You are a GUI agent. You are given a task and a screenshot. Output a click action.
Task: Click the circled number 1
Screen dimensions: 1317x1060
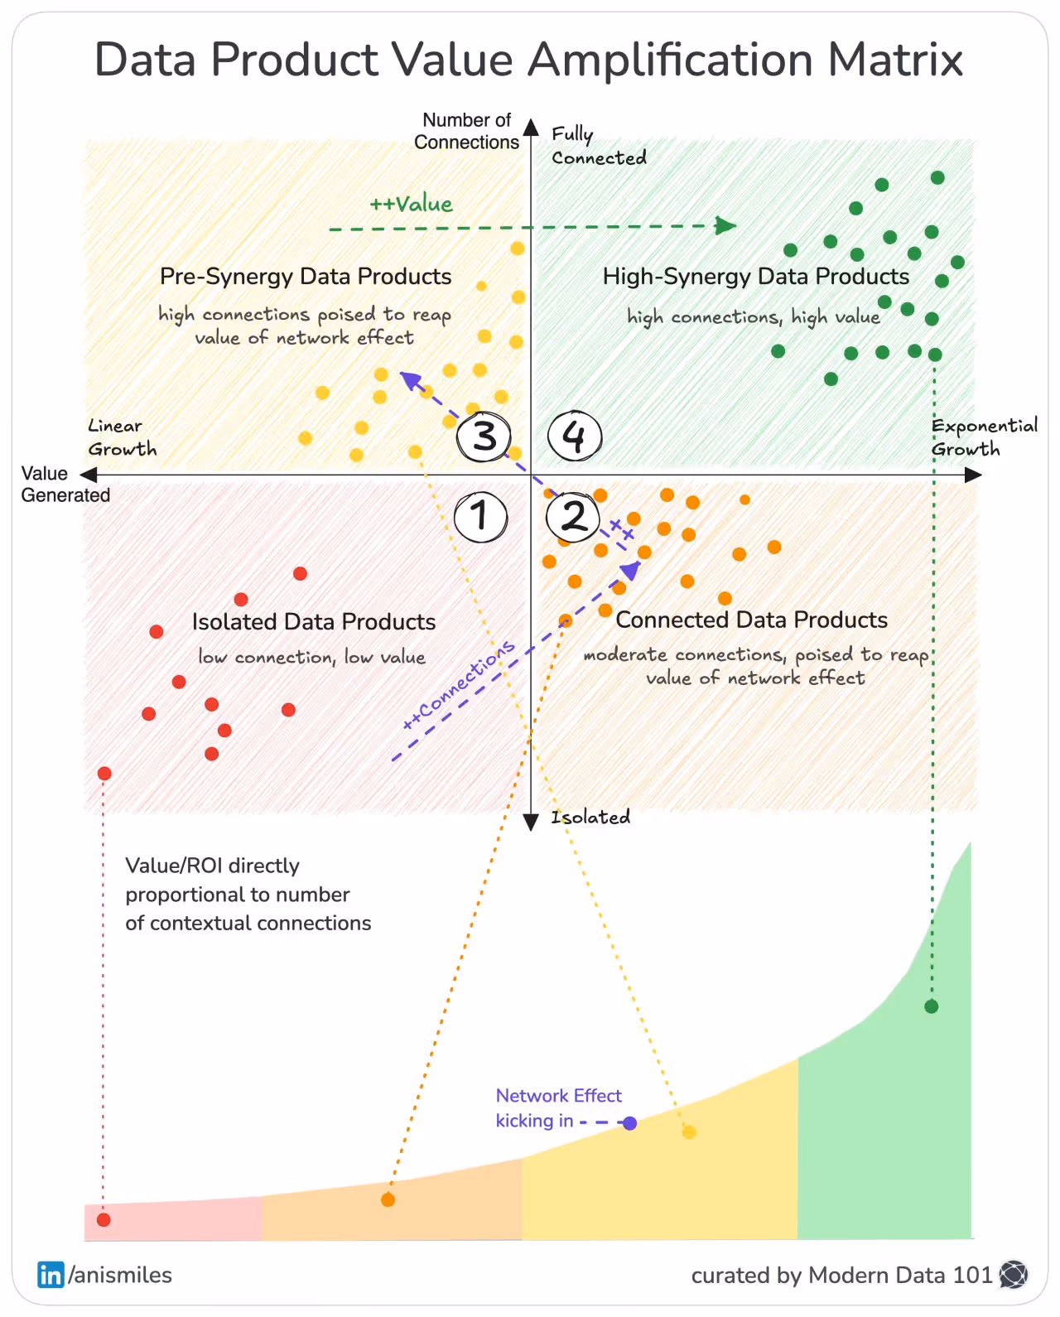pos(481,517)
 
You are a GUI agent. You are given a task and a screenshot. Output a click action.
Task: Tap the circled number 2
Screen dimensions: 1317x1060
pos(573,517)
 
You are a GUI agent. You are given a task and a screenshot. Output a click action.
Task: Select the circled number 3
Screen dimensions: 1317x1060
pos(484,437)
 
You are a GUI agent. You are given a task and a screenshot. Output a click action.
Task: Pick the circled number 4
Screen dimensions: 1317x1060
pos(575,437)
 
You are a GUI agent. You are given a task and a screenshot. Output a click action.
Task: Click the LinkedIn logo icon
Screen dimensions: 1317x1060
pos(51,1275)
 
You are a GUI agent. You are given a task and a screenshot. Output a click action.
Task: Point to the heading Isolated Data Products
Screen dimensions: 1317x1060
pos(314,622)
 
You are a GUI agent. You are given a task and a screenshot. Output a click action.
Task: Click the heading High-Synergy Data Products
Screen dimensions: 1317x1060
pos(755,277)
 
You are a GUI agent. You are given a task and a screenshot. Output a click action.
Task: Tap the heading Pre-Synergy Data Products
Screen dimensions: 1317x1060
pos(306,277)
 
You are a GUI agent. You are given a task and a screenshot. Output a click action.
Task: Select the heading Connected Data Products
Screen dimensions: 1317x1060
pos(751,620)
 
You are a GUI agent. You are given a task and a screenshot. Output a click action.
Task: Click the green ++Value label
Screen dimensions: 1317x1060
pos(412,205)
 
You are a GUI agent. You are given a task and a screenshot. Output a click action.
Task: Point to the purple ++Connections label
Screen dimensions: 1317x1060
pos(459,685)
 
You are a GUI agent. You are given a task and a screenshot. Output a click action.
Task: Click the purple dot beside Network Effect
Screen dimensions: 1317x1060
pos(629,1123)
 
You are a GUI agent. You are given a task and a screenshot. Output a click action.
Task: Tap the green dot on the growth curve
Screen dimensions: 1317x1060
pos(932,1006)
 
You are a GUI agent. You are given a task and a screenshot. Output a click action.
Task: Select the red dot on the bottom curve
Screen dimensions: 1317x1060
pos(104,1219)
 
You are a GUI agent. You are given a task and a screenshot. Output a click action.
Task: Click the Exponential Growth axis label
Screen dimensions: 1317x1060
pos(984,437)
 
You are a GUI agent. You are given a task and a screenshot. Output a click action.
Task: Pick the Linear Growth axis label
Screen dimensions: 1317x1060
pos(122,437)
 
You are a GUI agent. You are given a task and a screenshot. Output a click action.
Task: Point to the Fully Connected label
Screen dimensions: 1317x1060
pos(598,147)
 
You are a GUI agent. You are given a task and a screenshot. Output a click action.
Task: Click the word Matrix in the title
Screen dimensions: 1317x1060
pos(895,60)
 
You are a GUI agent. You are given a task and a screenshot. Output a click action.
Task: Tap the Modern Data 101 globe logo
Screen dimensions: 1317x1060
pos(1014,1275)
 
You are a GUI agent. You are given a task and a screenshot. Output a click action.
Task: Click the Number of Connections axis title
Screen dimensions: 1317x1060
pos(466,131)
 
